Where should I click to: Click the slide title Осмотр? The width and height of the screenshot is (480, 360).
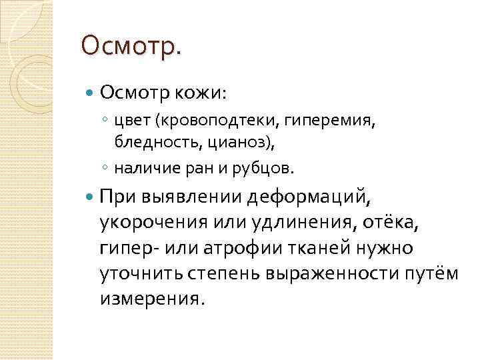(130, 47)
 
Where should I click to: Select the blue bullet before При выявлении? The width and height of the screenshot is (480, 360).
(91, 197)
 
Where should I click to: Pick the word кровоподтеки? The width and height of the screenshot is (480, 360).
(214, 122)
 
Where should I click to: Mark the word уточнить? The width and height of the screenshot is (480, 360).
(137, 273)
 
